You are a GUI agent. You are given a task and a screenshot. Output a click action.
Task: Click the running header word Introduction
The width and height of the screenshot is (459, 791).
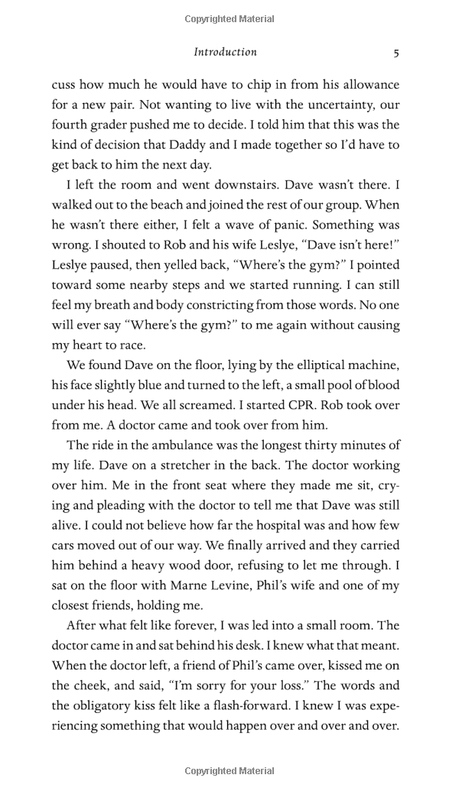(x=225, y=52)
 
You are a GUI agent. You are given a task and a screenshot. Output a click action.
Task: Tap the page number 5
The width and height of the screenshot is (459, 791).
(x=396, y=53)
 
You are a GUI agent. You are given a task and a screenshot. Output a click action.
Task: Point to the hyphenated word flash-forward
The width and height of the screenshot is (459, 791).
(x=269, y=705)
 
